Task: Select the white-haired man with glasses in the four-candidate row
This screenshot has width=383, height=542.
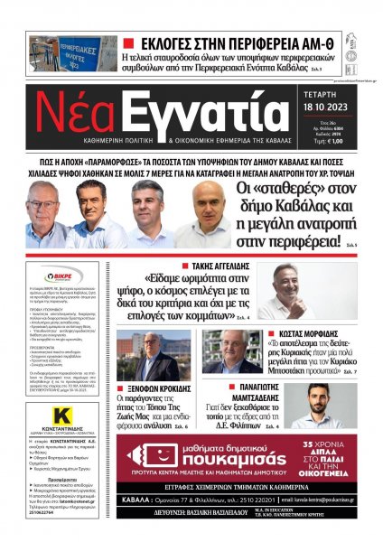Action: coord(42,217)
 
